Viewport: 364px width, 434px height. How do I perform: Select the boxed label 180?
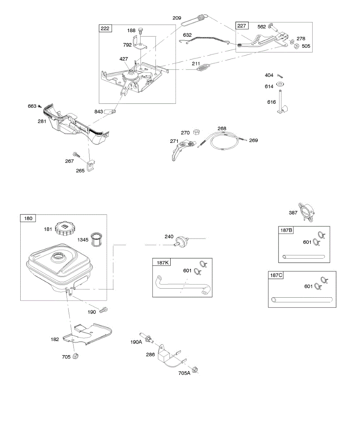(28, 218)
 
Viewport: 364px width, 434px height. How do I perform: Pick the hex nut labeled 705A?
(194, 370)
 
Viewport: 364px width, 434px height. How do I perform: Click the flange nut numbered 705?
(75, 357)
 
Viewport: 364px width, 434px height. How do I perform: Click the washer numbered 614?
(280, 84)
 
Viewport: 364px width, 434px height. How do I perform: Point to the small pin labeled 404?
(280, 76)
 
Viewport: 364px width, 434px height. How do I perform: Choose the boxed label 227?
(241, 26)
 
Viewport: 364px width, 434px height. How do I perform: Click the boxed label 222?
(105, 28)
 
